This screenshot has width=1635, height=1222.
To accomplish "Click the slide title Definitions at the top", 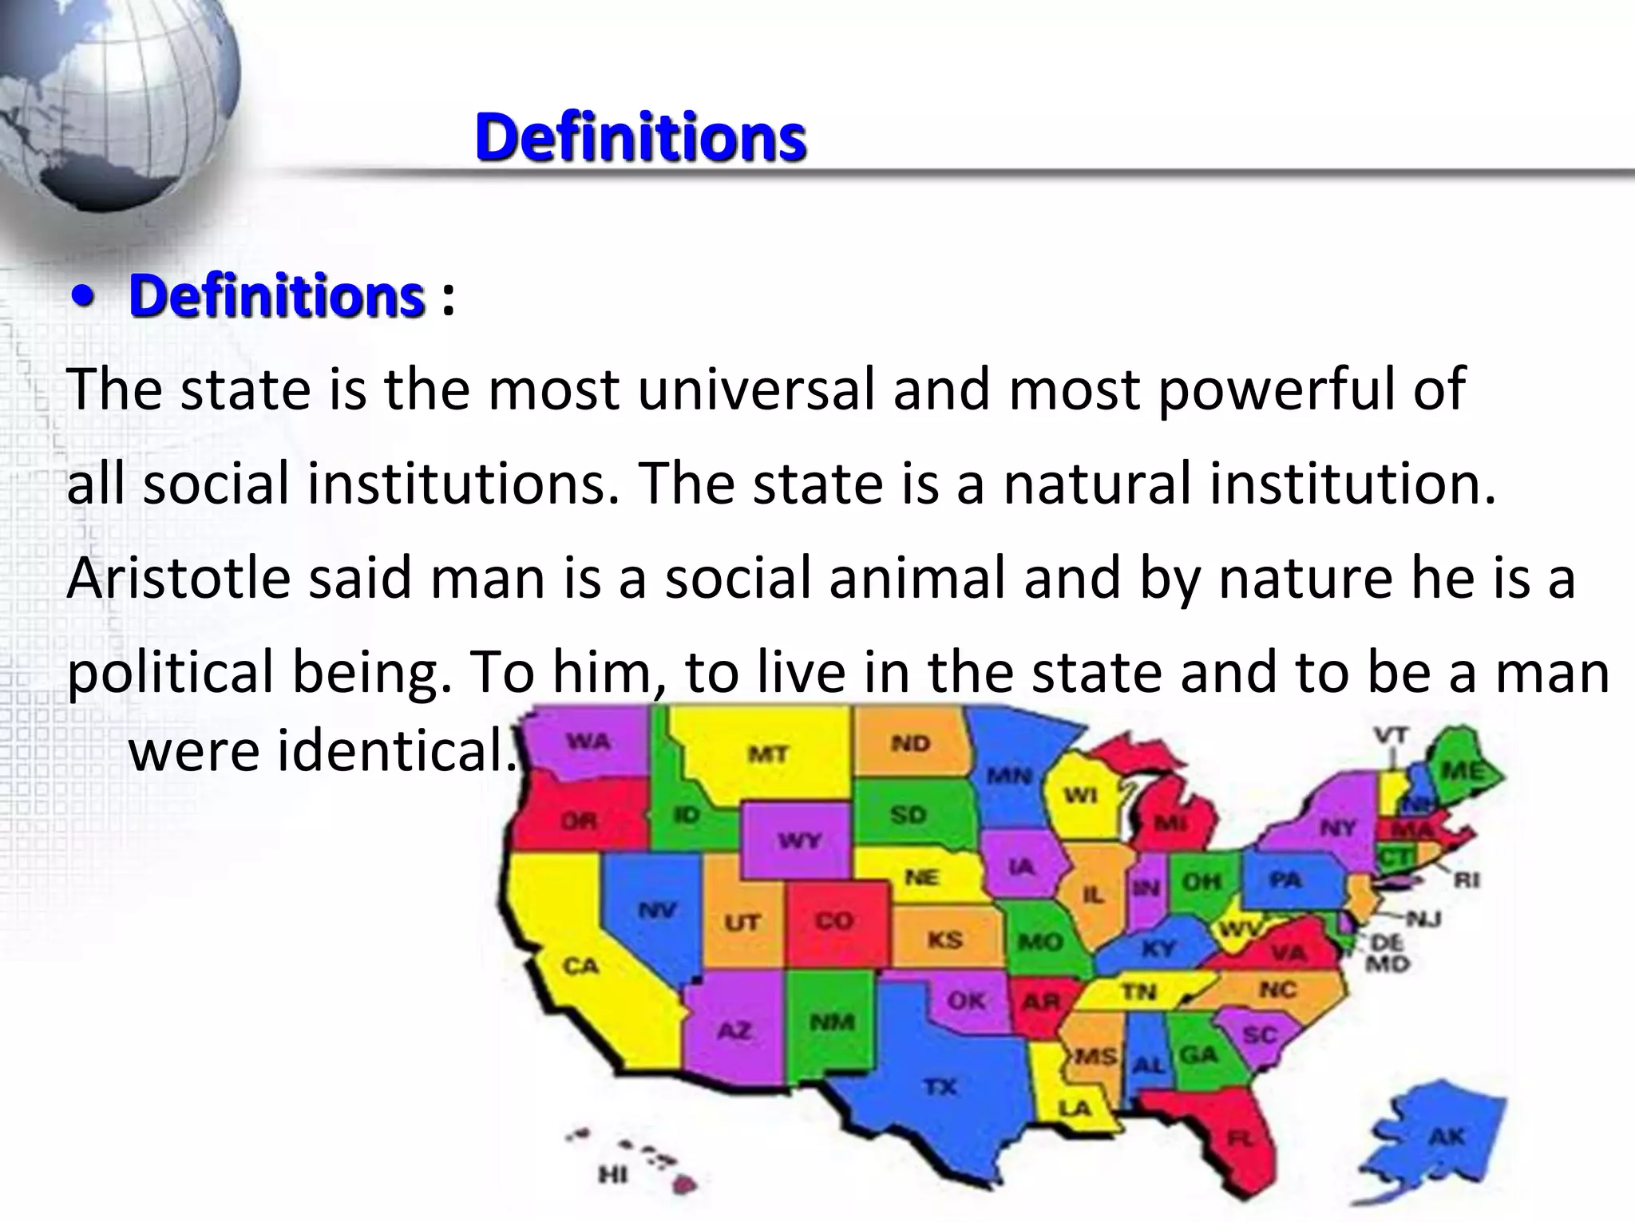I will click(639, 137).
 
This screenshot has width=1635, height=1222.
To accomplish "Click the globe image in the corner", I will click(112, 104).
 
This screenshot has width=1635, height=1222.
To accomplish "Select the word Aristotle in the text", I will click(179, 578).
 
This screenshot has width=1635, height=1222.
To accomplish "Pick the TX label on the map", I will click(940, 1086).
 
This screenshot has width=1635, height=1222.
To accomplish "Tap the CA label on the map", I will click(580, 966).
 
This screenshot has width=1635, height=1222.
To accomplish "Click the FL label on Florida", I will click(1240, 1139).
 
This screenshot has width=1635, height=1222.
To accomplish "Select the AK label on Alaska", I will click(1447, 1137).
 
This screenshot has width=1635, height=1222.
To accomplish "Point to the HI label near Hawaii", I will click(612, 1174).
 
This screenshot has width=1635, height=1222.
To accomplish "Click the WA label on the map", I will click(588, 742).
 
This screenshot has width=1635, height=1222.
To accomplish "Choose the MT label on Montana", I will click(768, 753).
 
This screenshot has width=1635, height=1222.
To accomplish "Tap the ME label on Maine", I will click(1463, 771).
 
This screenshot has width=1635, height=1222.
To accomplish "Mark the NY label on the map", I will click(1337, 828).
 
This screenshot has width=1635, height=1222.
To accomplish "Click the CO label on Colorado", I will click(833, 920).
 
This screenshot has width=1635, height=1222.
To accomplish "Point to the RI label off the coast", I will click(1467, 880).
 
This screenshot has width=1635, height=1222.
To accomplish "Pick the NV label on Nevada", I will click(657, 909).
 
